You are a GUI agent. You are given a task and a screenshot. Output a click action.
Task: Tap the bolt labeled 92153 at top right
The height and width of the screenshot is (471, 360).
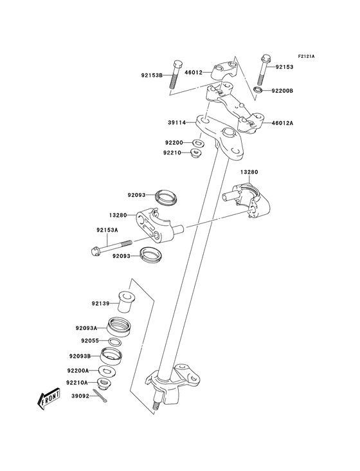point(264,67)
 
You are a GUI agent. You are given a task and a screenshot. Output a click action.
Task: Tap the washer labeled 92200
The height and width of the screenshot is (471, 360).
point(199,142)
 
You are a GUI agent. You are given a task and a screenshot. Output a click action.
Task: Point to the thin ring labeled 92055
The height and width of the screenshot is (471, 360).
point(116,340)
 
